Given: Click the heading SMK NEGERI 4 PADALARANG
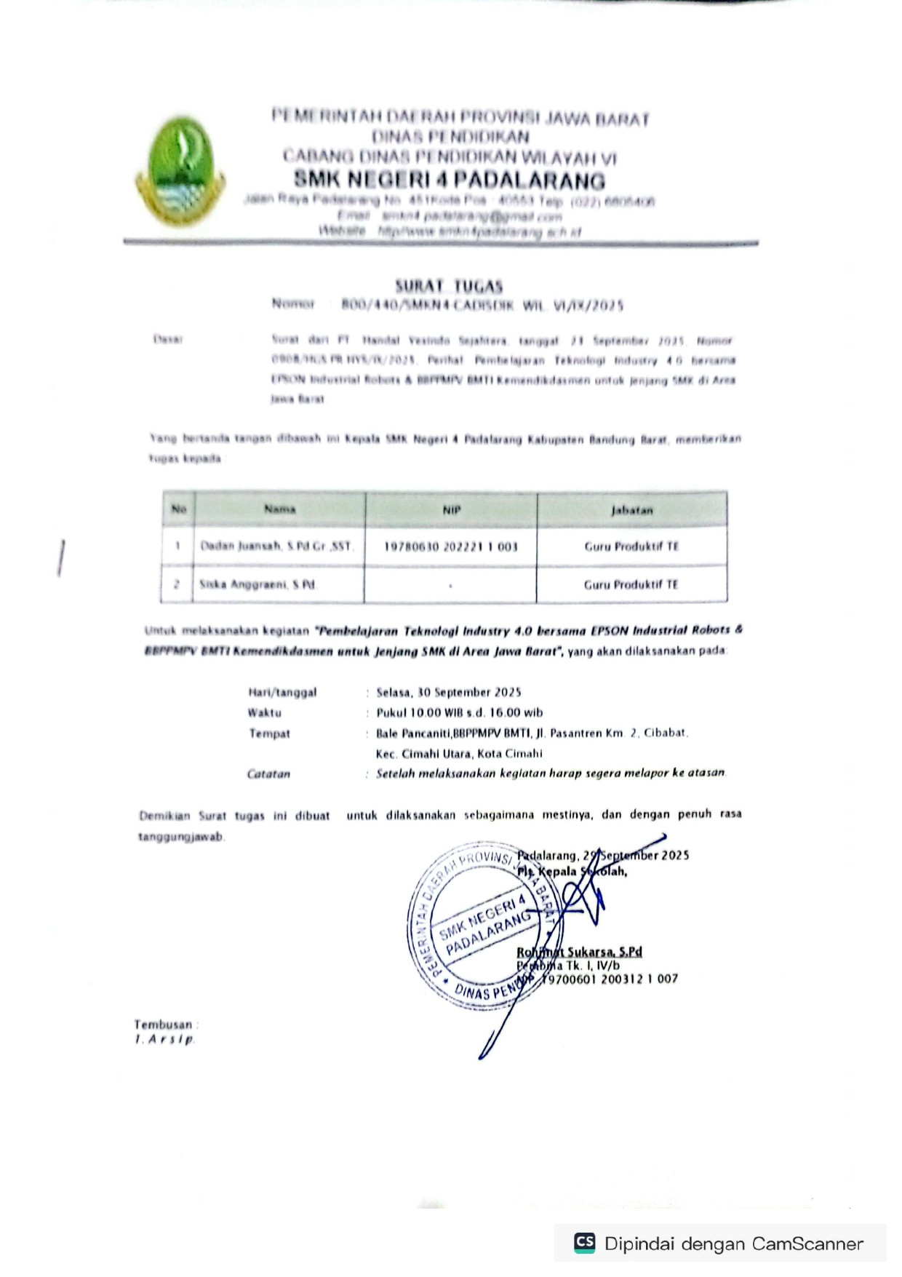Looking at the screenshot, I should (x=449, y=180).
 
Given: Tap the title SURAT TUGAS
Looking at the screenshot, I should (x=449, y=286).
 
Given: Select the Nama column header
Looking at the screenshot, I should (x=279, y=509).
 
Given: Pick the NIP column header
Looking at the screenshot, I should (x=451, y=510).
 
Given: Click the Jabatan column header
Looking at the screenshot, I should (x=631, y=510).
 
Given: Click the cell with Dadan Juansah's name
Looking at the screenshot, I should (x=276, y=546).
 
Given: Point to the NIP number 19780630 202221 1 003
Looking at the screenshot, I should (x=451, y=546).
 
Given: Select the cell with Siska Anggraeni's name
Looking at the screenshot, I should (x=258, y=584).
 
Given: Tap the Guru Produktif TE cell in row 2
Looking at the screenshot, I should (x=631, y=584).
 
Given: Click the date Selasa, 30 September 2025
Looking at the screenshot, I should (x=449, y=692).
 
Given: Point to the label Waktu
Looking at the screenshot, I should (x=264, y=712).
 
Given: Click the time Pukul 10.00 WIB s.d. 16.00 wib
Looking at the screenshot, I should (x=459, y=712).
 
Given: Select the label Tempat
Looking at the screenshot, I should (x=269, y=733).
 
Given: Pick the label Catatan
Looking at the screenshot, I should (x=268, y=773).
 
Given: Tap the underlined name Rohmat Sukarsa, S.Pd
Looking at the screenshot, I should (x=580, y=952).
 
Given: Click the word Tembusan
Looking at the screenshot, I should (x=163, y=1025).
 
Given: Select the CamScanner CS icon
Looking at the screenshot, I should (x=584, y=1242).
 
